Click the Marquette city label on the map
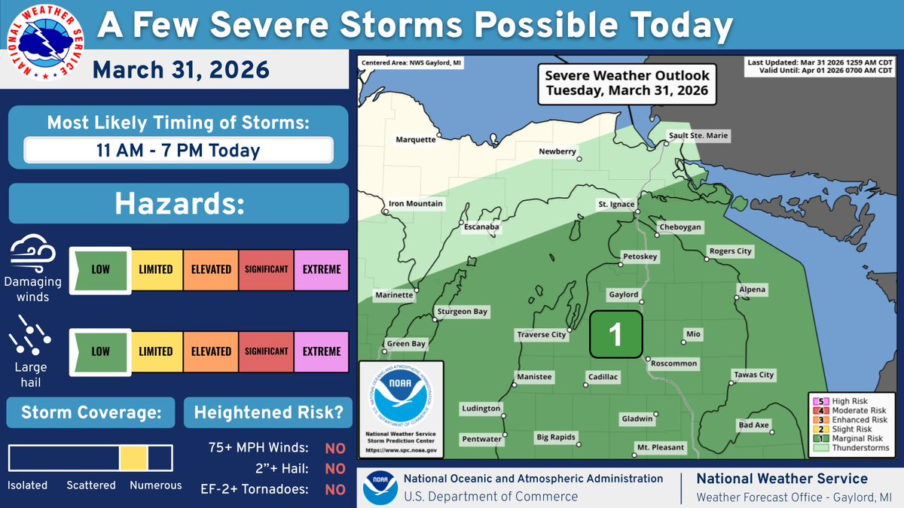pyautogui.click(x=416, y=139)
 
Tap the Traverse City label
pyautogui.click(x=541, y=334)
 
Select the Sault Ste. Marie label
pyautogui.click(x=699, y=135)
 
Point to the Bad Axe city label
pyautogui.click(x=753, y=425)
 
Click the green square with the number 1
pyautogui.click(x=615, y=334)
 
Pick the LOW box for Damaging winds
pyautogui.click(x=100, y=269)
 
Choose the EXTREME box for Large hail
pyautogui.click(x=322, y=351)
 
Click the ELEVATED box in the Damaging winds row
pyautogui.click(x=211, y=269)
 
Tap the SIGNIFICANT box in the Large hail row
pyautogui.click(x=266, y=351)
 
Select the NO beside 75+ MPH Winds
pyautogui.click(x=334, y=449)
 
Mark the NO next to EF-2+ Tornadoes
pyautogui.click(x=334, y=490)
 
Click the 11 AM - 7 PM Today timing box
pyautogui.click(x=178, y=150)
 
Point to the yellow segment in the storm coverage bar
pyautogui.click(x=133, y=458)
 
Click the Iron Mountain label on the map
pyautogui.click(x=416, y=204)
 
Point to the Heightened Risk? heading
pyautogui.click(x=268, y=412)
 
